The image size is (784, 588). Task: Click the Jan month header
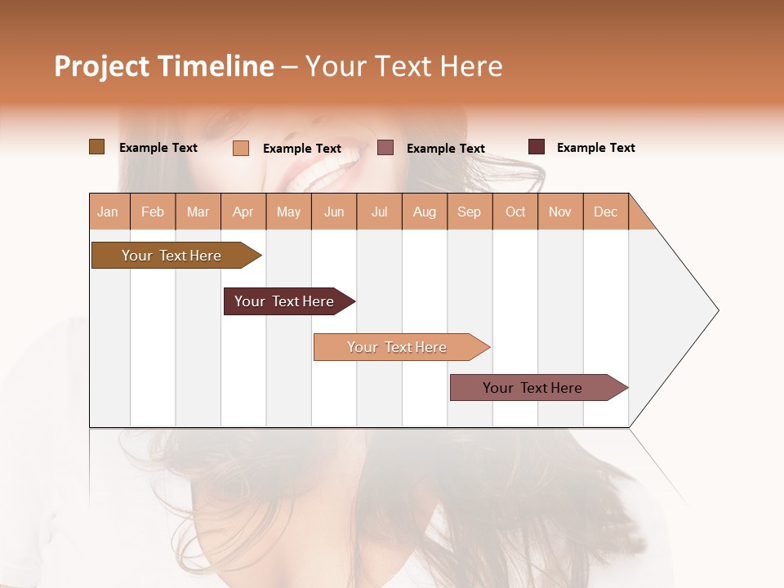(108, 212)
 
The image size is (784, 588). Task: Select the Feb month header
(153, 212)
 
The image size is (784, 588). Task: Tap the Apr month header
(243, 212)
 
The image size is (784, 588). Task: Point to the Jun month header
(334, 212)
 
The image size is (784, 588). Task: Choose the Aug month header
(424, 212)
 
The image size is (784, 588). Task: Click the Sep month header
(469, 212)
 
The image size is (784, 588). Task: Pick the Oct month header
(515, 212)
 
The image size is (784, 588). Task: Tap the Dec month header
(605, 212)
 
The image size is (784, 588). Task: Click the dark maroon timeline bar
(284, 301)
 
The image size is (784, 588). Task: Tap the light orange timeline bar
(397, 347)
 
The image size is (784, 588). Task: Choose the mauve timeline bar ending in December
(532, 388)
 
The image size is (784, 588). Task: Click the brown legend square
(96, 147)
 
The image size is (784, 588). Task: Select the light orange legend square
(240, 148)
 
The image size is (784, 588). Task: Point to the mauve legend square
(385, 148)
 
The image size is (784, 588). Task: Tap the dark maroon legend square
(537, 147)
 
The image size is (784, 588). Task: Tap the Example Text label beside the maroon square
(595, 148)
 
